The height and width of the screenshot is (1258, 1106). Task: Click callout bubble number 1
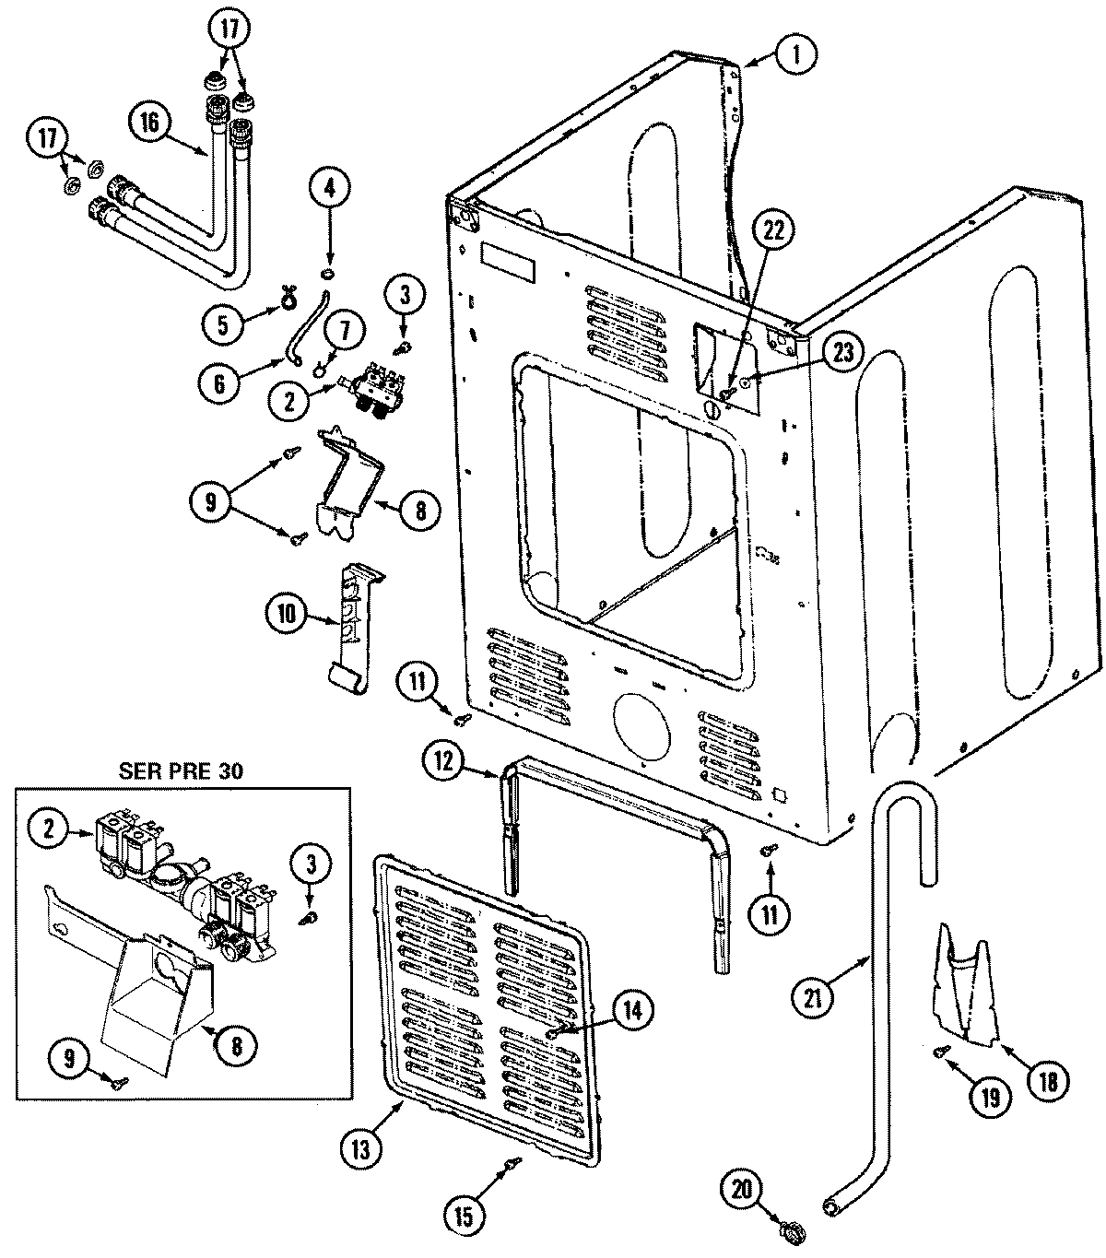(794, 56)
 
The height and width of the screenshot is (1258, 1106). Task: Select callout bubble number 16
(151, 121)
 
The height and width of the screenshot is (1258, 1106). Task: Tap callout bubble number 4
(329, 190)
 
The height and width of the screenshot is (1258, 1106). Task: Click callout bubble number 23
(845, 351)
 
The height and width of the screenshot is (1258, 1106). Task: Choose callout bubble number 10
(287, 614)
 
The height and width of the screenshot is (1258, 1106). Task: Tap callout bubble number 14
(631, 1010)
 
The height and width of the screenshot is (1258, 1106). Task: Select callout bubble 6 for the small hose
(219, 382)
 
